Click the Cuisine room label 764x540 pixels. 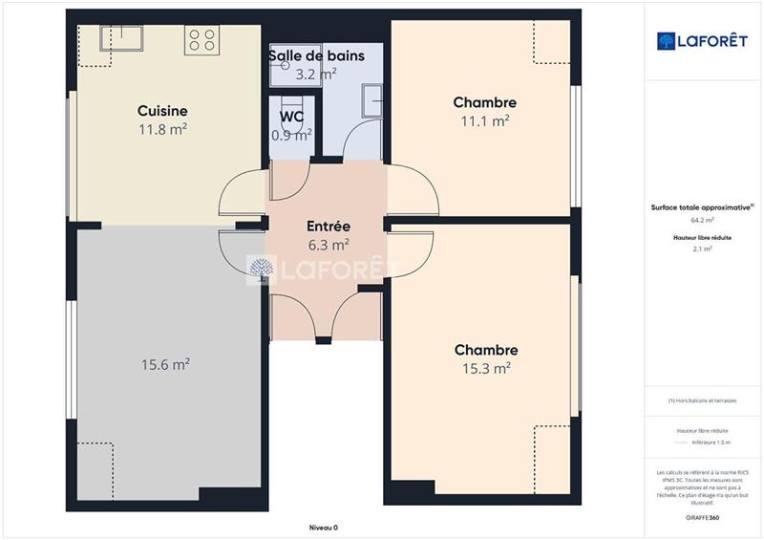point(161,111)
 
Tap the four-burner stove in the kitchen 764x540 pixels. point(202,39)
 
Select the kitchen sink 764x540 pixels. point(121,38)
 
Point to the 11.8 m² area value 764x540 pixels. point(161,129)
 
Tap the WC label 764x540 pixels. point(291,117)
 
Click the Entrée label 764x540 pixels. point(328,227)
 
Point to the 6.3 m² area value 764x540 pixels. point(328,245)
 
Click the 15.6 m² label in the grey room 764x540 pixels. point(165,364)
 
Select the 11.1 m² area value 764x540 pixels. point(484,120)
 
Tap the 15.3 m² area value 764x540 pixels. point(486,368)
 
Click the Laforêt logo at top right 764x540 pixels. point(703,41)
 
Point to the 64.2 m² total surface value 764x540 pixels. point(703,219)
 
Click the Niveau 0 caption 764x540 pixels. point(323,528)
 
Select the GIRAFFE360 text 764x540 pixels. point(703,516)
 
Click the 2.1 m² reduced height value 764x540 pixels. point(703,248)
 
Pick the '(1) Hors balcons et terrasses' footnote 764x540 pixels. point(703,400)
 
